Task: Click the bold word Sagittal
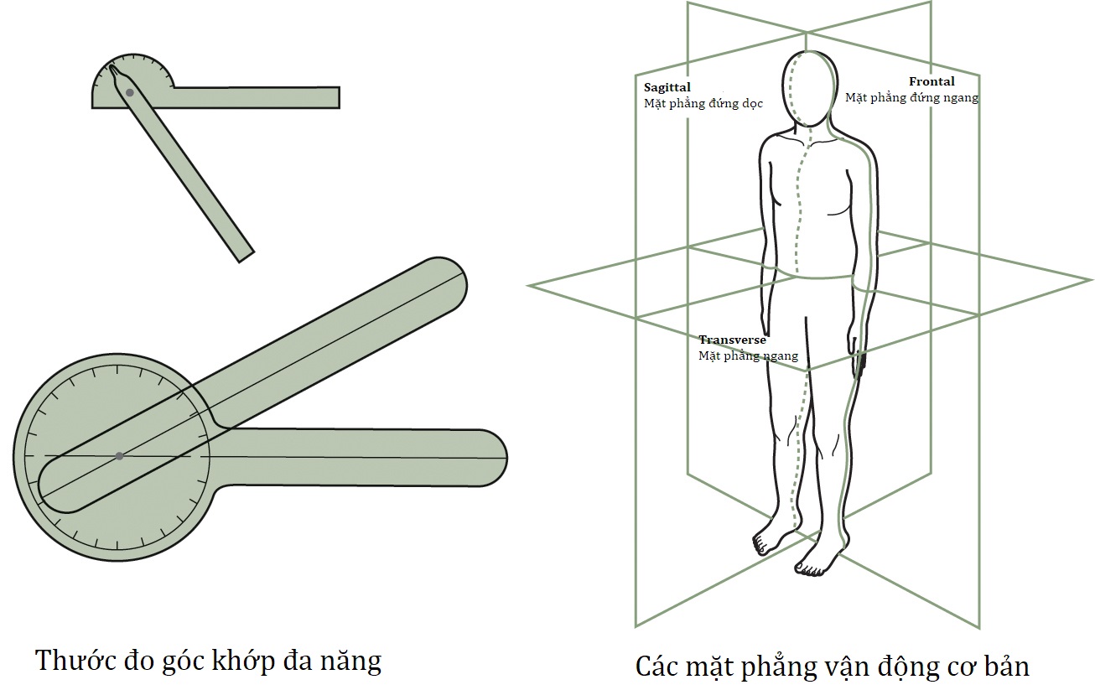pyautogui.click(x=667, y=87)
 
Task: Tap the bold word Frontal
pyautogui.click(x=932, y=82)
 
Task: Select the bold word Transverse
pyautogui.click(x=732, y=340)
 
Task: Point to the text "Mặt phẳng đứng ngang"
pyautogui.click(x=911, y=97)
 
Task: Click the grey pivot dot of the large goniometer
pyautogui.click(x=119, y=456)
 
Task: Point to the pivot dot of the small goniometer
pyautogui.click(x=129, y=91)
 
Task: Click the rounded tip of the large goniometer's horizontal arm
pyautogui.click(x=495, y=458)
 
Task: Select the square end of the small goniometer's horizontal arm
pyautogui.click(x=335, y=97)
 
